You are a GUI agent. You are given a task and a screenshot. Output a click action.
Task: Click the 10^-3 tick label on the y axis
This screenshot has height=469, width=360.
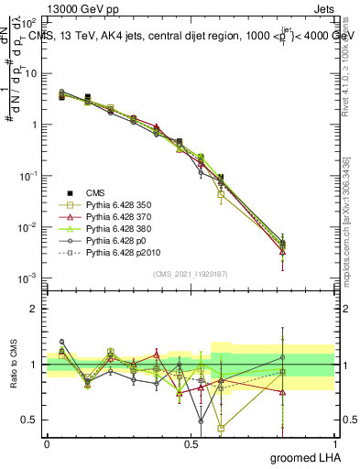click(27, 278)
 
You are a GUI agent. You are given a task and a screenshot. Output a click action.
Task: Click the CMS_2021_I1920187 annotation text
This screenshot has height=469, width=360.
click(191, 273)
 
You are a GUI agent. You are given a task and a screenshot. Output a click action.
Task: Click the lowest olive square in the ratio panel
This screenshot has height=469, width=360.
click(221, 428)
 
